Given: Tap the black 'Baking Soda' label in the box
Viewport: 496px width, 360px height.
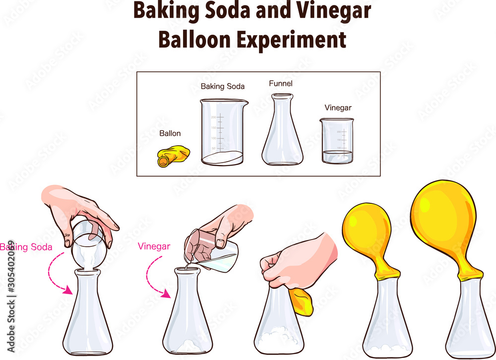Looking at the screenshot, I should [x=222, y=86].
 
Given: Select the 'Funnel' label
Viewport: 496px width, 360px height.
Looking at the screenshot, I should [x=281, y=84].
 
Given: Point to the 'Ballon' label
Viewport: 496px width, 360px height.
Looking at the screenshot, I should [x=170, y=133].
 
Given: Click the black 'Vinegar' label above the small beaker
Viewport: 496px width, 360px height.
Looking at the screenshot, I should [x=337, y=108].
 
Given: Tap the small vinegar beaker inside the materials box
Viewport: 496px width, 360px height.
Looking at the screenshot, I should [x=337, y=141].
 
